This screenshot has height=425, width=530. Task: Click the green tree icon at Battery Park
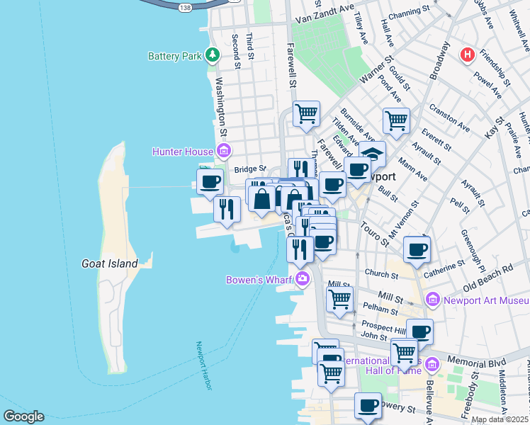(212, 55)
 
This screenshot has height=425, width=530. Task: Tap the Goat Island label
(109, 263)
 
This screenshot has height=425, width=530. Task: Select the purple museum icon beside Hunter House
(224, 151)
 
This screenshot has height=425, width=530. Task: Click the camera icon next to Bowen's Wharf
(303, 279)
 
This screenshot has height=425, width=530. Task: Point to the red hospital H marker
(467, 55)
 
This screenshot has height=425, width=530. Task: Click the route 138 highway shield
(186, 6)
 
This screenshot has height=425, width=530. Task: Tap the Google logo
(23, 416)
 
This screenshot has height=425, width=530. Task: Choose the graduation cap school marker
(372, 152)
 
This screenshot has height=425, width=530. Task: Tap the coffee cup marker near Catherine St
(417, 249)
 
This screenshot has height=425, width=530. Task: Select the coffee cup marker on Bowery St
(368, 406)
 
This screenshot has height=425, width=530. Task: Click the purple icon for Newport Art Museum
(434, 300)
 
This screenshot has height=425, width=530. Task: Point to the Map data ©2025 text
(500, 419)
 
